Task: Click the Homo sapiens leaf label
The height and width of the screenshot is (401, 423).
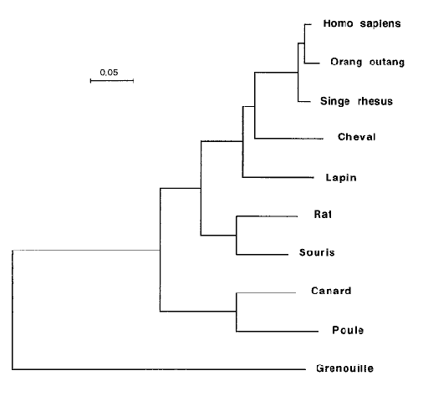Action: (x=362, y=23)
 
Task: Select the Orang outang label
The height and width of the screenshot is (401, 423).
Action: (x=367, y=62)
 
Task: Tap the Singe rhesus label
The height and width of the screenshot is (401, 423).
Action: (x=356, y=101)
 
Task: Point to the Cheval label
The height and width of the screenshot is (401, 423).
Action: (x=357, y=137)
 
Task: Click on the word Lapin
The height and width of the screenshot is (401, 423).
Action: (x=341, y=177)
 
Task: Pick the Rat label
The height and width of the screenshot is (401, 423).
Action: (x=323, y=214)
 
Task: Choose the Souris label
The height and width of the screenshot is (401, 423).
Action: (x=317, y=252)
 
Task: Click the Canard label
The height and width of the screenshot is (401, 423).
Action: (x=331, y=291)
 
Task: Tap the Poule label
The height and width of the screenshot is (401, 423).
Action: (x=348, y=330)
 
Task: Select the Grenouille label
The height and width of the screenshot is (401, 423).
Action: (x=344, y=368)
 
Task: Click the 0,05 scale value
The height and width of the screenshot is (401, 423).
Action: (x=109, y=73)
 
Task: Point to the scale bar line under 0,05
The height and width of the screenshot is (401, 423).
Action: (x=112, y=81)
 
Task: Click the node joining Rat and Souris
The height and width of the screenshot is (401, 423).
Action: (x=237, y=236)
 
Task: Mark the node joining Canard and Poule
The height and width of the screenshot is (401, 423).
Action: (x=237, y=312)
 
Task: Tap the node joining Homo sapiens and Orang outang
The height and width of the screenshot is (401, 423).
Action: (x=304, y=43)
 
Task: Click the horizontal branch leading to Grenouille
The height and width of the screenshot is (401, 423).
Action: (x=159, y=369)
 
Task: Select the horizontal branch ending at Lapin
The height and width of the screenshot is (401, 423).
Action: (x=278, y=177)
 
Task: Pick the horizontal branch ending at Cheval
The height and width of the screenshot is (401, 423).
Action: (x=288, y=138)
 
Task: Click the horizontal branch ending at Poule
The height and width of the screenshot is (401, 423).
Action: (x=278, y=332)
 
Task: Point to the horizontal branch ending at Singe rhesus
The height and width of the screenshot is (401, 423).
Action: (x=304, y=102)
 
